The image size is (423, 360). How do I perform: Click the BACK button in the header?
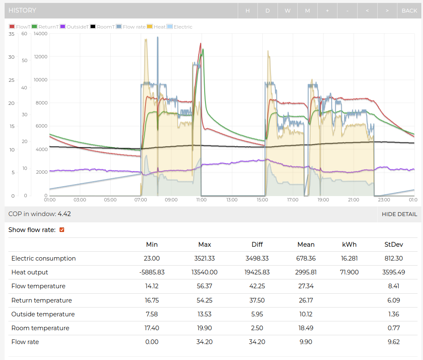pyautogui.click(x=409, y=10)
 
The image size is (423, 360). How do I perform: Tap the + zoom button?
pyautogui.click(x=327, y=10)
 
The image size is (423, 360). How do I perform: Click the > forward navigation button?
pyautogui.click(x=387, y=10)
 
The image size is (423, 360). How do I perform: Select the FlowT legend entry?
pyautogui.click(x=20, y=27)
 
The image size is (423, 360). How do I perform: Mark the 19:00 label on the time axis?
pyautogui.click(x=322, y=200)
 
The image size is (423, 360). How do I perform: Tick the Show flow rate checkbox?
pyautogui.click(x=62, y=230)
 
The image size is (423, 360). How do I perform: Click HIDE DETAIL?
pyautogui.click(x=399, y=214)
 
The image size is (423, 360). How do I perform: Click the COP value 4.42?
pyautogui.click(x=64, y=214)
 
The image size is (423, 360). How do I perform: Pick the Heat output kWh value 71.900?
pyautogui.click(x=349, y=272)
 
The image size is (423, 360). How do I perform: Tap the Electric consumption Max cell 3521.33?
pyautogui.click(x=204, y=258)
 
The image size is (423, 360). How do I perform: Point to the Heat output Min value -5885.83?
pyautogui.click(x=152, y=272)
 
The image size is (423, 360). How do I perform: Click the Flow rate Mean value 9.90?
pyautogui.click(x=306, y=342)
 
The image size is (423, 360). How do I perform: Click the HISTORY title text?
pyautogui.click(x=22, y=10)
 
